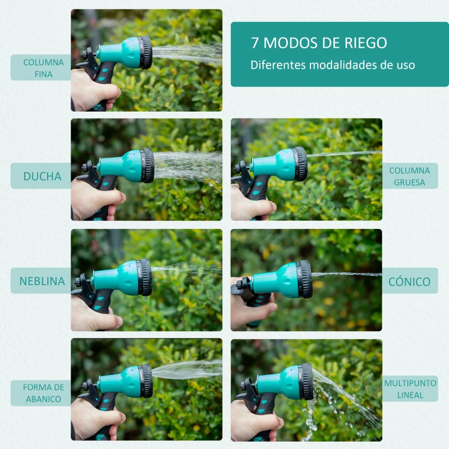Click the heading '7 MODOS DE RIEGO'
point(319,43)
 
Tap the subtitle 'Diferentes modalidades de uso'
point(333,65)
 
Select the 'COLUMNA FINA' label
point(44,68)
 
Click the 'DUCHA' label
point(43,176)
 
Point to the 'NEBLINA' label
point(42,281)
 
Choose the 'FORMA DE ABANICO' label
point(44,393)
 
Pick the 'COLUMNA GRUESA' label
point(410,176)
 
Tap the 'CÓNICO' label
point(410,282)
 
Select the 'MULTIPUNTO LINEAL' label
point(410,389)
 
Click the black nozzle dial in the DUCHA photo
point(147,166)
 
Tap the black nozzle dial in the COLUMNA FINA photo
point(145,53)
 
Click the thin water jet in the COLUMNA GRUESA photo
point(344,154)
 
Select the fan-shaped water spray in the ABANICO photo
point(187,369)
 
